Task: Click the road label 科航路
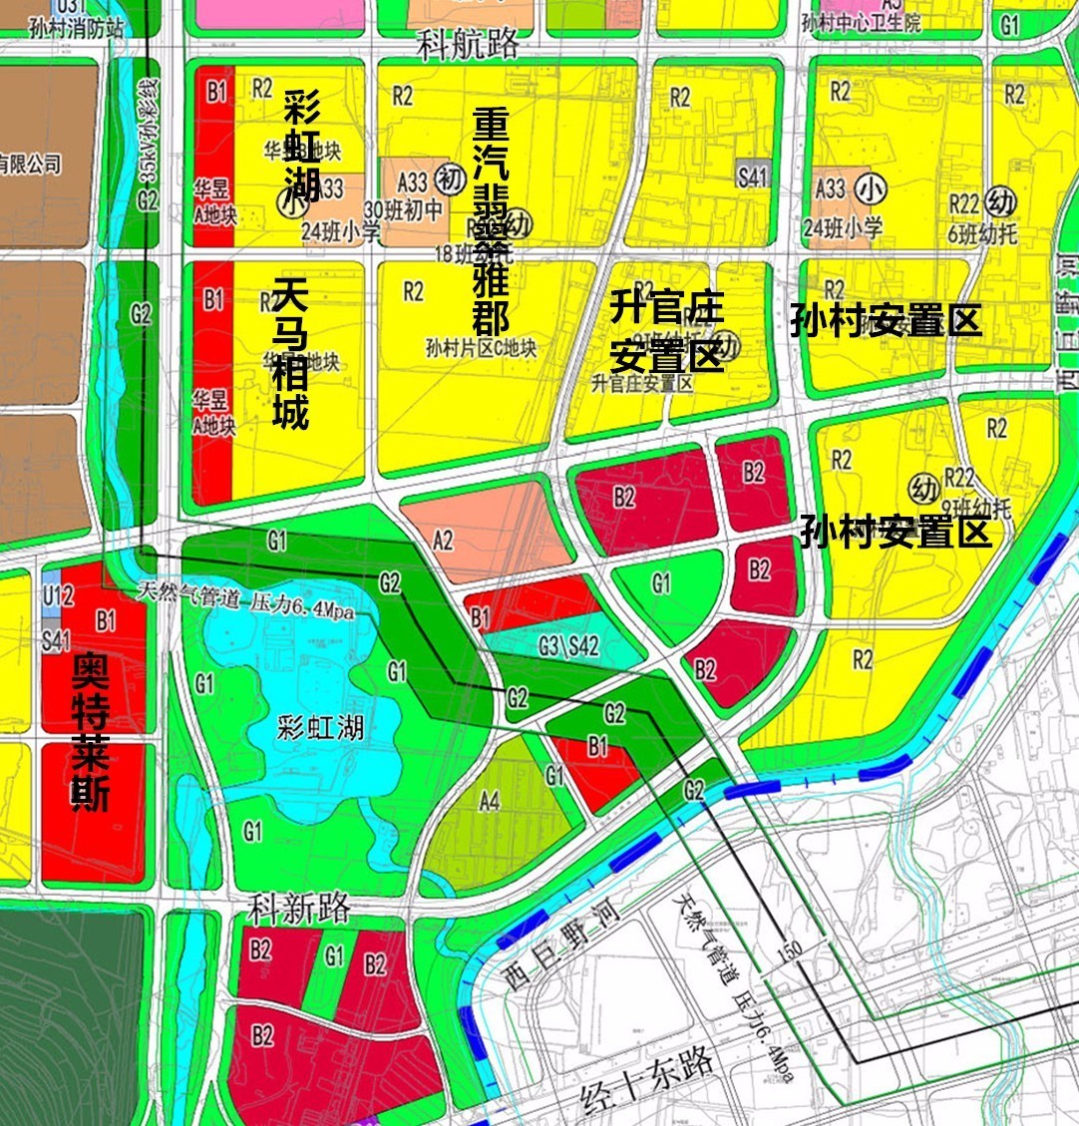point(468,43)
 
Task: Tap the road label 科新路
point(299,909)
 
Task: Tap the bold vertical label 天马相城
point(290,354)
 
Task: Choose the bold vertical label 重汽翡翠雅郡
point(490,220)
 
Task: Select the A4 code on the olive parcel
point(489,800)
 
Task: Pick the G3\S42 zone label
point(568,646)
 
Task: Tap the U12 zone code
point(58,596)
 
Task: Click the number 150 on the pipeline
point(787,952)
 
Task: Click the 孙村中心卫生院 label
point(863,23)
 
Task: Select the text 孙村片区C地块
point(480,349)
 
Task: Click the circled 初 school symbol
point(451,181)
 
